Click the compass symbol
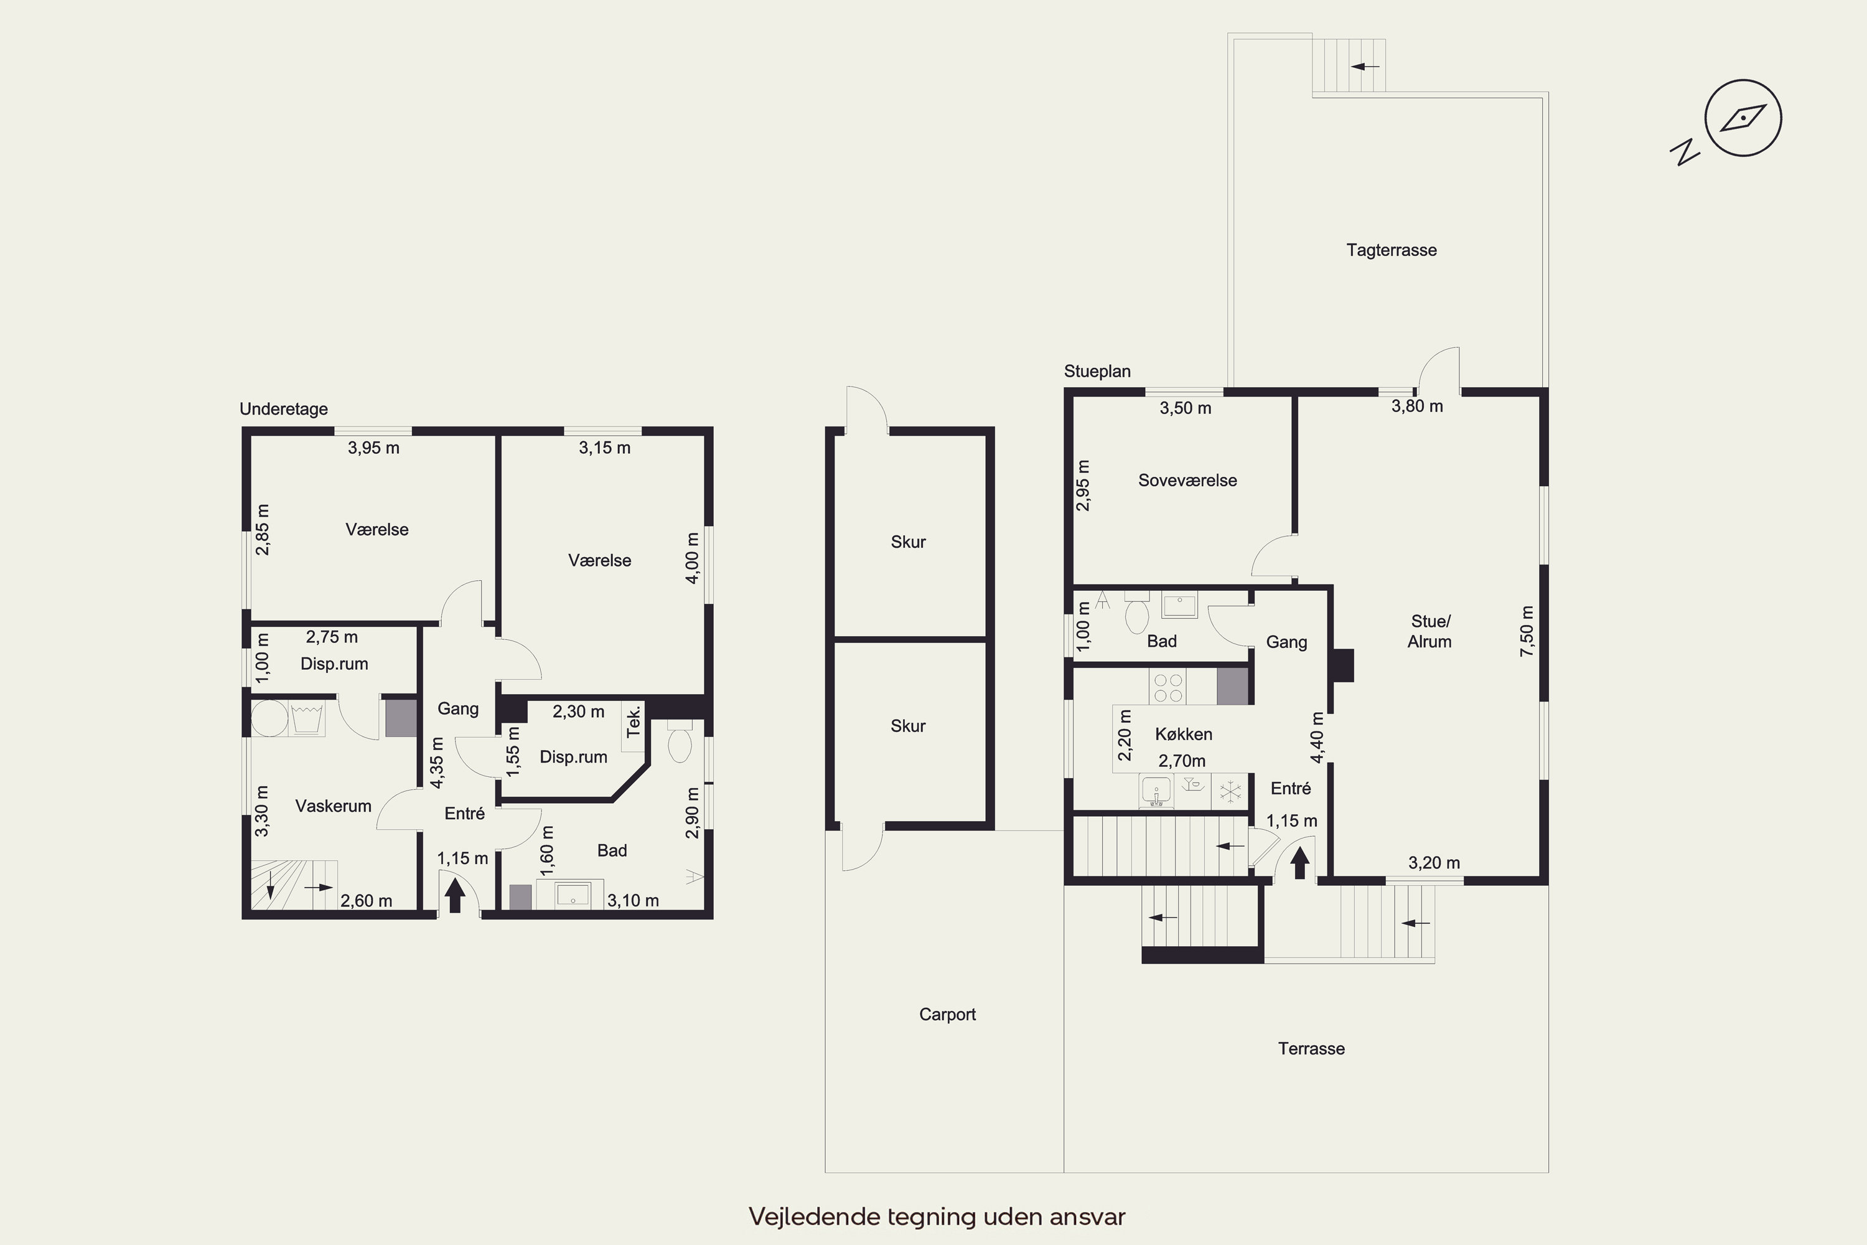1743,118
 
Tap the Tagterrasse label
1392,250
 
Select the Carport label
947,1014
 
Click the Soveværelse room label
1187,481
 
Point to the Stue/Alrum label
1429,631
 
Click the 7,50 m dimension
1527,631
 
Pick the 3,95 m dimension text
373,448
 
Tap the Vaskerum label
334,806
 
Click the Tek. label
634,721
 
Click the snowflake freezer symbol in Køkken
1230,792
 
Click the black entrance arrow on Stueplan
1299,863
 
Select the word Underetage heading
283,409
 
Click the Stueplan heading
1097,371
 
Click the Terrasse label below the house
1311,1048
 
